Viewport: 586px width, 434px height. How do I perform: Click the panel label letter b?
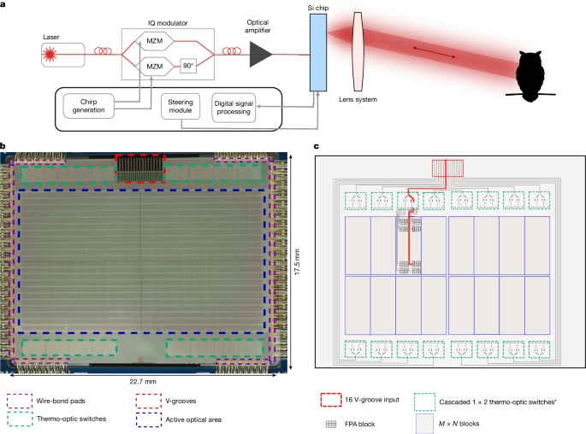click(4, 146)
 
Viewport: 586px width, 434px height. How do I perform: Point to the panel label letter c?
click(318, 146)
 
